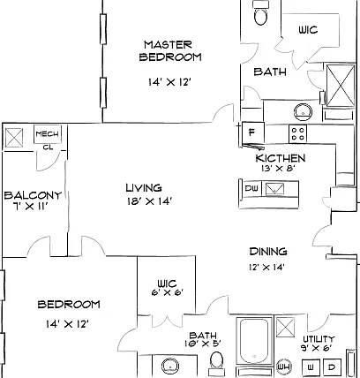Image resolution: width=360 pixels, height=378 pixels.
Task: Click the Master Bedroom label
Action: coord(170,51)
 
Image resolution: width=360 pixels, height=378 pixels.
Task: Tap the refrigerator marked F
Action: coord(252,132)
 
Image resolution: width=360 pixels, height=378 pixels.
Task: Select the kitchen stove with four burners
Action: coord(297,133)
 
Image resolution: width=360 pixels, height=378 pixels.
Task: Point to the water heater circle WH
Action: coord(283,367)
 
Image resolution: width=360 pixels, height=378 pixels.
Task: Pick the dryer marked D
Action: coord(332,367)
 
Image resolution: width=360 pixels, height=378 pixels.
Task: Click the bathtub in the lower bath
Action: coord(254,342)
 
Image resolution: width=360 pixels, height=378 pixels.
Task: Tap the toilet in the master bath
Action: coord(261,13)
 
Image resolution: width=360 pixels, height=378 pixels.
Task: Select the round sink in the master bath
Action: coord(303,112)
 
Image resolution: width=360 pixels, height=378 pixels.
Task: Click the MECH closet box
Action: coord(48,134)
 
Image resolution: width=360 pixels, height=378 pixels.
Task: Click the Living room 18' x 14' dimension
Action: coord(149,201)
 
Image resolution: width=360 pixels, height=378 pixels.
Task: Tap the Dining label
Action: coord(268,252)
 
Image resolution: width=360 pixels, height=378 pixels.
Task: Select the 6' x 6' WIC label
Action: coord(167,292)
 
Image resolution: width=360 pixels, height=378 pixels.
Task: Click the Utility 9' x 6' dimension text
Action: coord(316,348)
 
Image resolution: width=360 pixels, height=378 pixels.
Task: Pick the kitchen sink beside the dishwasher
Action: coord(274,189)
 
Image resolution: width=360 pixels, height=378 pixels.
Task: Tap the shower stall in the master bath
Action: coord(341,86)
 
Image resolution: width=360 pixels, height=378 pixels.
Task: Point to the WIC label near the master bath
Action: coord(308,30)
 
